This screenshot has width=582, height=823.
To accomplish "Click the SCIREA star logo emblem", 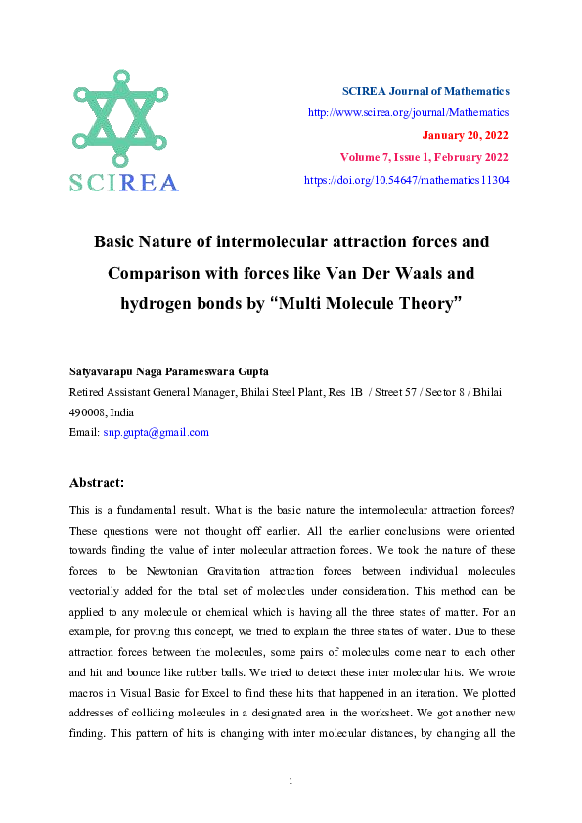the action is click(122, 119).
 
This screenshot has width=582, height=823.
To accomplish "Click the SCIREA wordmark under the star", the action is click(123, 183).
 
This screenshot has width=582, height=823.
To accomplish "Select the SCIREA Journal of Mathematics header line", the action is click(425, 91).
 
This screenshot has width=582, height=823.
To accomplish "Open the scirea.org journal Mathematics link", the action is click(408, 113).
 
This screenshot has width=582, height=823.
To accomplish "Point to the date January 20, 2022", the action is click(465, 136).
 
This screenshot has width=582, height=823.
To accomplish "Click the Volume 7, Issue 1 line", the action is click(424, 158).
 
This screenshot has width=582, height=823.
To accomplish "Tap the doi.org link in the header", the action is click(406, 181).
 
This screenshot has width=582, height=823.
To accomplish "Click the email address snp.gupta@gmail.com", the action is click(157, 432).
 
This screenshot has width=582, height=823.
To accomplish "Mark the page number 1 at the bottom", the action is click(291, 780).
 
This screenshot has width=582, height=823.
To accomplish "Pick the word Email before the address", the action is click(84, 432).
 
